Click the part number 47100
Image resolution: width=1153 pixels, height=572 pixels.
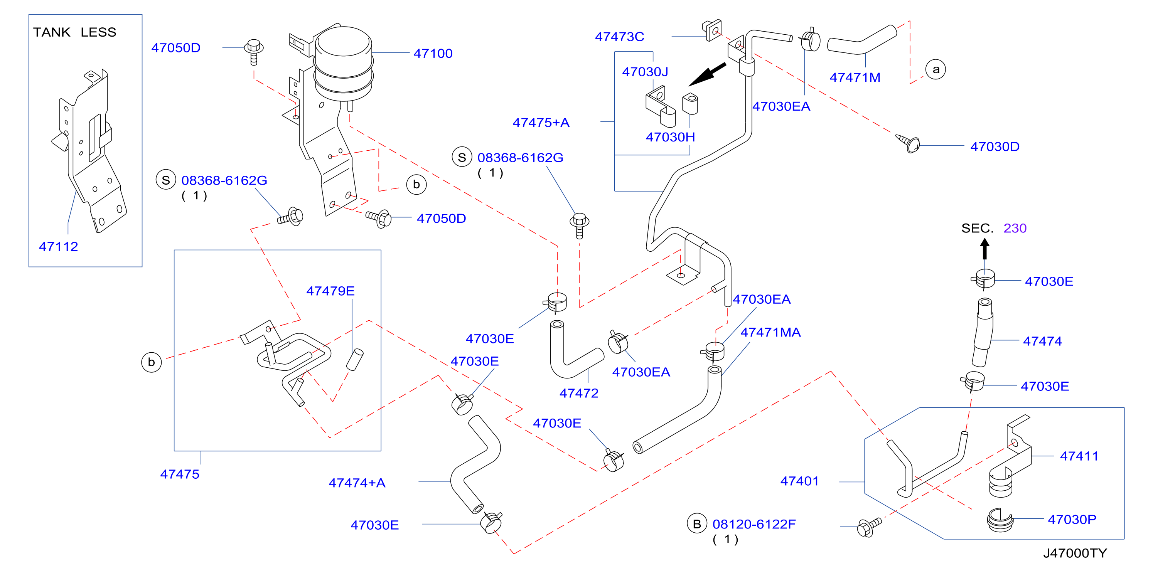[x=433, y=53]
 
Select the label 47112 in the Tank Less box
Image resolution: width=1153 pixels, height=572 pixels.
[x=59, y=246]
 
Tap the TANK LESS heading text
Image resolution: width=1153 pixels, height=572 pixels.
[x=75, y=32]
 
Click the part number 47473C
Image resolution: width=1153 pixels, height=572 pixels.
[x=619, y=37]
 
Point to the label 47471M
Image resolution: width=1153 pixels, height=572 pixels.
[x=855, y=77]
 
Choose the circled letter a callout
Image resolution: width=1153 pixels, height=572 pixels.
[x=936, y=70]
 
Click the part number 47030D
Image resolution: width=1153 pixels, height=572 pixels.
[x=995, y=147]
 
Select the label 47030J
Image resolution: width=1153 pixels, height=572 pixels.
[x=645, y=72]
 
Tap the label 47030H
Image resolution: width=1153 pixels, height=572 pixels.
[x=670, y=137]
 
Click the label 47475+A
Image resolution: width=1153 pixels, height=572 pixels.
[x=541, y=123]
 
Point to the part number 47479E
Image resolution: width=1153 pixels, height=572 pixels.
[x=330, y=291]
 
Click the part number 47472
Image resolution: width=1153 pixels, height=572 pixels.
[x=579, y=393]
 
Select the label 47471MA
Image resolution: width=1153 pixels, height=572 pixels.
[x=770, y=332]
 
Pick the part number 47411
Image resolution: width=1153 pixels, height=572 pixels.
[x=1079, y=456]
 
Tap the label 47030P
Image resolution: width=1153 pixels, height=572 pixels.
[x=1072, y=519]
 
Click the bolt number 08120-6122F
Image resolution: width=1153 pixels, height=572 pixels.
[x=754, y=524]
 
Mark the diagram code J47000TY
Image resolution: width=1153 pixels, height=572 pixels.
[x=1075, y=553]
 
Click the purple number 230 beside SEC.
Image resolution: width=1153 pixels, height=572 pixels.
[x=1015, y=228]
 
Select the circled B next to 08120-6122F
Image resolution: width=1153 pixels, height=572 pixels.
[x=696, y=524]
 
